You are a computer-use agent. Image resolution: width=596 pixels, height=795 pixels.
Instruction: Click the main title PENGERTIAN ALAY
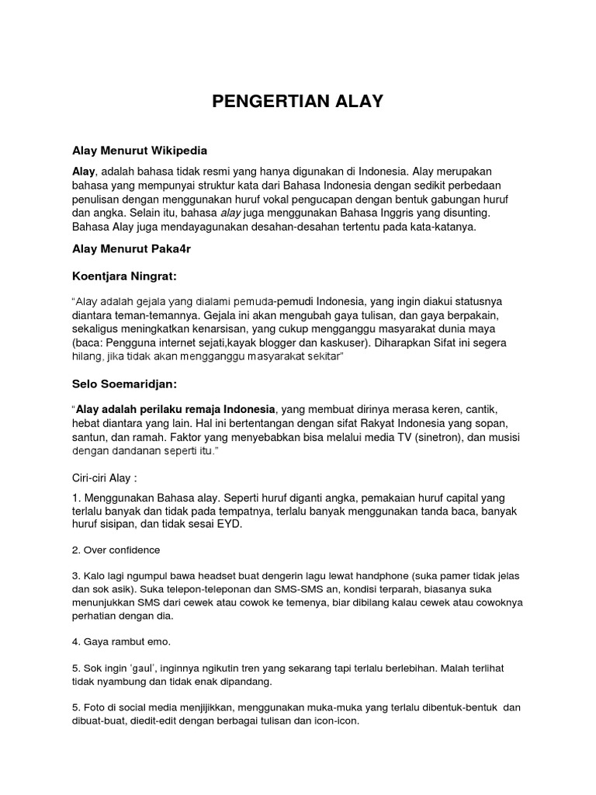coord(298,101)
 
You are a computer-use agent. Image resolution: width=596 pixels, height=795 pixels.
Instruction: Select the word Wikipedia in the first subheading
coord(179,151)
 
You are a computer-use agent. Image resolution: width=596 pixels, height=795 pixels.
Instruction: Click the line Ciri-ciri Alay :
coord(104,478)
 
